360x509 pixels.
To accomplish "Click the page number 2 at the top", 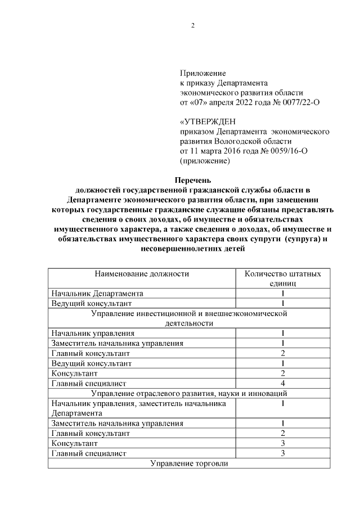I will point(192,26).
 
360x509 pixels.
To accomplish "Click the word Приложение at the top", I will point(202,73).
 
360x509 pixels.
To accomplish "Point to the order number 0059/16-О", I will point(291,151).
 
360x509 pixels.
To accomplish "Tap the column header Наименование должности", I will point(142,274).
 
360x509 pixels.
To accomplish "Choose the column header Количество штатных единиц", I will point(283,279).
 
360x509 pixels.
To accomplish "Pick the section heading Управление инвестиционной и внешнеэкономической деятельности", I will point(188,318).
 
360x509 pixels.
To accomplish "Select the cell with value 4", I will point(283,384).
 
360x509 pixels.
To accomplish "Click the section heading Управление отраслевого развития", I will point(188,394).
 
